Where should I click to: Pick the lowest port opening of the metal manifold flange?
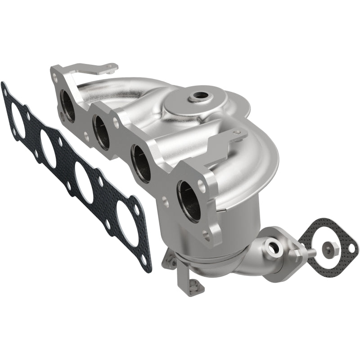click(x=189, y=201)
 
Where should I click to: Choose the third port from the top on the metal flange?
click(x=141, y=164)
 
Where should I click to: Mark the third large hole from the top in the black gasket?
click(x=84, y=182)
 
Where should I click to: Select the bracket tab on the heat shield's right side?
click(x=234, y=137)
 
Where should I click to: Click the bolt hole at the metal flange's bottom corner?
click(x=207, y=234)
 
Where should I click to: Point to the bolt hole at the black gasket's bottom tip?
click(x=144, y=260)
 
